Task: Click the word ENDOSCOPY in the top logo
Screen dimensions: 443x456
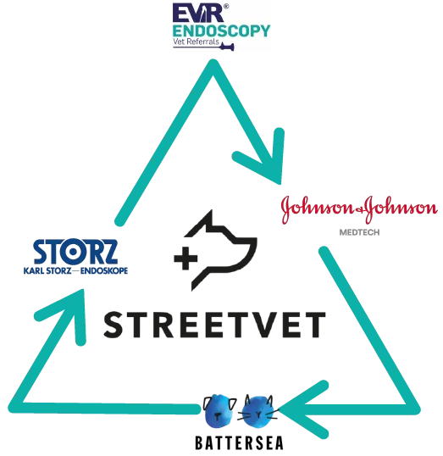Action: tap(222, 31)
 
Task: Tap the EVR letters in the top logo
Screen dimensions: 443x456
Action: tap(197, 13)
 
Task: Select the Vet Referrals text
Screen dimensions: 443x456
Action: tap(196, 42)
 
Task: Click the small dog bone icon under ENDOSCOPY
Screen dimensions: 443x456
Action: tap(227, 47)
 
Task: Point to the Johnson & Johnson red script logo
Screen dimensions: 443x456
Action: tap(359, 209)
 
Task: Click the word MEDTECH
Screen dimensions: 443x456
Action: tap(360, 232)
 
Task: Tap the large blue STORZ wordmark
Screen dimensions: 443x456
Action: tap(75, 251)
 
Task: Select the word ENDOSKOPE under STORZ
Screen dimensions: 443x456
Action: tap(104, 271)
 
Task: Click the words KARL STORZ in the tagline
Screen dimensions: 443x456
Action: tap(47, 271)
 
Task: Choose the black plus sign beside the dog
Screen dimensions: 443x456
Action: tap(186, 259)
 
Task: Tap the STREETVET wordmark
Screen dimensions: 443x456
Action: tap(214, 325)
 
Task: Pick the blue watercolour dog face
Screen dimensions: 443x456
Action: tap(219, 410)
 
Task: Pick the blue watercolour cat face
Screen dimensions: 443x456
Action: tap(257, 411)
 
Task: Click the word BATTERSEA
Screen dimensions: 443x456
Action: tap(239, 443)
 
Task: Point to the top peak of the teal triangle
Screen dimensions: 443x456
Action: tap(213, 64)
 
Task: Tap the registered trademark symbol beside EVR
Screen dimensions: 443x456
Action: tap(226, 6)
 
